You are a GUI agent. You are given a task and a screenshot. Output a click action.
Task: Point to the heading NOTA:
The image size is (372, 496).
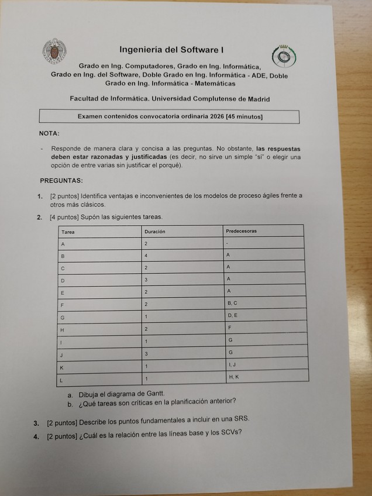pyautogui.click(x=49, y=133)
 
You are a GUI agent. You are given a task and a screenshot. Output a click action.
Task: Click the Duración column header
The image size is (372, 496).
pyautogui.click(x=155, y=232)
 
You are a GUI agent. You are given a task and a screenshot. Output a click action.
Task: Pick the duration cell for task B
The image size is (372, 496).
pyautogui.click(x=147, y=256)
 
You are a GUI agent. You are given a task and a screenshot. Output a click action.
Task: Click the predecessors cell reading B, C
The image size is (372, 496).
pyautogui.click(x=232, y=303)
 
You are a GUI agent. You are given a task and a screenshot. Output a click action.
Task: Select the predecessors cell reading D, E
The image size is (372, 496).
pyautogui.click(x=232, y=315)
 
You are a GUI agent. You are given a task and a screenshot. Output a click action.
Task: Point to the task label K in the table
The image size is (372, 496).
pyautogui.click(x=63, y=367)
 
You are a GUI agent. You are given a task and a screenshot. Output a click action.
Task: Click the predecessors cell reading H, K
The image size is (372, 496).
pyautogui.click(x=233, y=377)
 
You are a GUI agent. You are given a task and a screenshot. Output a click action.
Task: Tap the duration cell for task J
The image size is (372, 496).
pyautogui.click(x=147, y=354)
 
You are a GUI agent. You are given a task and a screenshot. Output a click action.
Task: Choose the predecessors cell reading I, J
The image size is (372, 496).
pyautogui.click(x=232, y=364)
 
